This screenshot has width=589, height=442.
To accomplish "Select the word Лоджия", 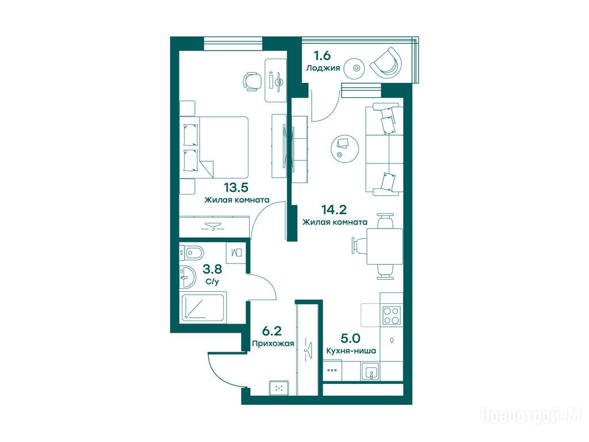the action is click(x=323, y=68).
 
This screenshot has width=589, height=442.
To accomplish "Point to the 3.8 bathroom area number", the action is click(x=212, y=269).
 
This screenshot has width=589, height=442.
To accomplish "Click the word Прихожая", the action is click(x=273, y=344).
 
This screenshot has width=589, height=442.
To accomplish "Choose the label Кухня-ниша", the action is click(x=351, y=351).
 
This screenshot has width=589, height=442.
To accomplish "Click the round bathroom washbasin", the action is click(x=188, y=277).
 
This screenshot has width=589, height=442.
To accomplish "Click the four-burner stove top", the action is click(x=391, y=315).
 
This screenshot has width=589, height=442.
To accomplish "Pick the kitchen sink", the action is click(x=371, y=372).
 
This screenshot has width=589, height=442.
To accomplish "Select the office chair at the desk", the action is click(x=253, y=81).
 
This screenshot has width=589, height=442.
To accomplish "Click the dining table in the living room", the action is click(x=384, y=246).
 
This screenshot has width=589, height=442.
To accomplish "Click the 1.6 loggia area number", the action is click(x=322, y=56).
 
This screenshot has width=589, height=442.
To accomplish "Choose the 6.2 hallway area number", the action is click(x=272, y=331).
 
